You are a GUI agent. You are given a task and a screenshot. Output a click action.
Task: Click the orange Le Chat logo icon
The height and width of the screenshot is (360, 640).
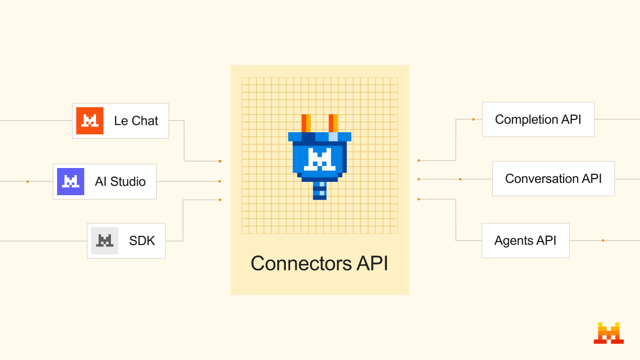tap(90, 121)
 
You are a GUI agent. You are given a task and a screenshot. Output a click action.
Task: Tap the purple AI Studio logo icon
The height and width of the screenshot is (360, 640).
tap(70, 181)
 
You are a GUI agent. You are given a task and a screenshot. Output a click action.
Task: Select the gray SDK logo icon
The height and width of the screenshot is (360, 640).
tap(105, 241)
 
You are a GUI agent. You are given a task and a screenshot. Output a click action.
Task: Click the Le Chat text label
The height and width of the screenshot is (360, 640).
tap(136, 121)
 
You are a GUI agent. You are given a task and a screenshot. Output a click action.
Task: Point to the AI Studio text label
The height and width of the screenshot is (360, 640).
tap(120, 181)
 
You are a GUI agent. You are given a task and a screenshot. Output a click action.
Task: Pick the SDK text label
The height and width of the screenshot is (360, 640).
tap(142, 241)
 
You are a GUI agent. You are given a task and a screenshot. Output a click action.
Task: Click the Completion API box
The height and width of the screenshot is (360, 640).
tap(538, 119)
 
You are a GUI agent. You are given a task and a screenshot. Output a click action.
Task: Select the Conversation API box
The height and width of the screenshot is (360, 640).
tap(553, 179)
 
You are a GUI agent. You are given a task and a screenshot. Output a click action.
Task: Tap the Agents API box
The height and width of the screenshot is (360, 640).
tap(525, 241)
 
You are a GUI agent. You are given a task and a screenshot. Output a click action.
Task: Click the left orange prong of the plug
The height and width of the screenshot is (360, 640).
tap(306, 123)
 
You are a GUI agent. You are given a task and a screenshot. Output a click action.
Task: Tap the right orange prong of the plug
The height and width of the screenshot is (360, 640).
tap(333, 123)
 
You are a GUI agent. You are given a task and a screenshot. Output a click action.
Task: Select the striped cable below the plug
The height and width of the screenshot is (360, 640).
tap(319, 190)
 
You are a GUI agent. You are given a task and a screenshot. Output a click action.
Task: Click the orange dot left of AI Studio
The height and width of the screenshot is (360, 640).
tap(28, 181)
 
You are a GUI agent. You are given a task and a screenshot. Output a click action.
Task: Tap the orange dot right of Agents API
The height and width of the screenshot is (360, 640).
tap(603, 241)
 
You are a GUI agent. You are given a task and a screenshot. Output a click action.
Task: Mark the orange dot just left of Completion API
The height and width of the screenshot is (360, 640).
tap(473, 119)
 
